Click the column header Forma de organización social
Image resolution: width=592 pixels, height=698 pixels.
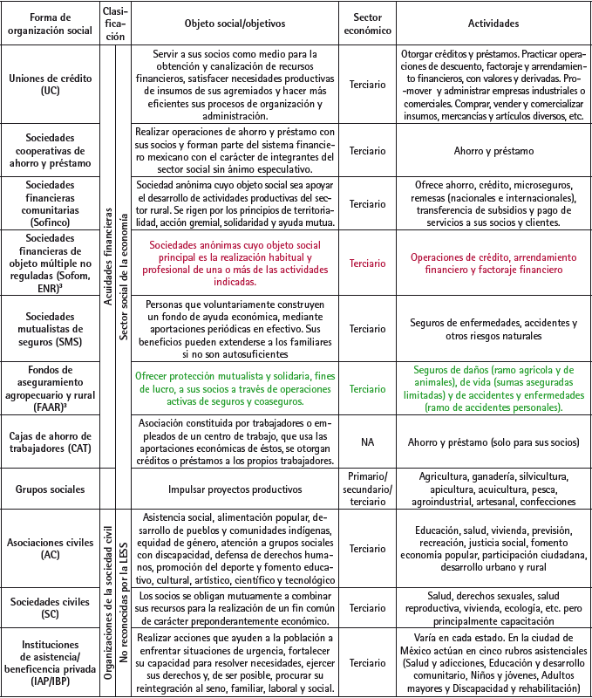point(51,24)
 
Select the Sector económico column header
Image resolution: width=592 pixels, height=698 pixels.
point(368,24)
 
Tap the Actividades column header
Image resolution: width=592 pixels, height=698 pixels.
point(493,24)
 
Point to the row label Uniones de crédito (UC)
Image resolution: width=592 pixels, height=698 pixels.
point(51,84)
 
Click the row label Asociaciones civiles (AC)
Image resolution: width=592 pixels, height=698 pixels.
point(51,548)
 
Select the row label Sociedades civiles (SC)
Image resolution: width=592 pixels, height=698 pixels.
point(51,602)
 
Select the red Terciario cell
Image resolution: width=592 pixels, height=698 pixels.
point(368,263)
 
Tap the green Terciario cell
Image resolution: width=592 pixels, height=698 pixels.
point(368,389)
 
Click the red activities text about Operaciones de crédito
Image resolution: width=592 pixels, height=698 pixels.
point(493,263)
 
